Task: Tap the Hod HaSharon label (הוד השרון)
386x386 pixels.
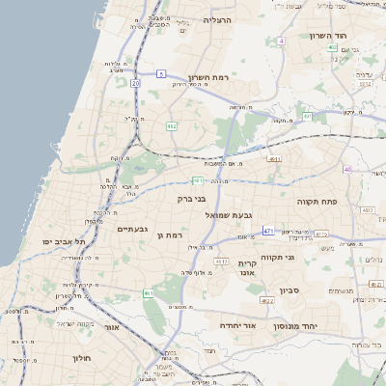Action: [x=328, y=36]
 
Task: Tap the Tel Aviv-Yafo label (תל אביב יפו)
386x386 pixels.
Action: [x=64, y=241]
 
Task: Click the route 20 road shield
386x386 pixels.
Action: [x=136, y=84]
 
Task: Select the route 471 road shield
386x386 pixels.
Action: [x=268, y=230]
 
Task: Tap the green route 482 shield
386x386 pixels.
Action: [x=171, y=125]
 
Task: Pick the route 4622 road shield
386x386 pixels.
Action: [x=267, y=300]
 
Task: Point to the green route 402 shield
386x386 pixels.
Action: [x=331, y=47]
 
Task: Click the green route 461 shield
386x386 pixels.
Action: [x=149, y=293]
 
